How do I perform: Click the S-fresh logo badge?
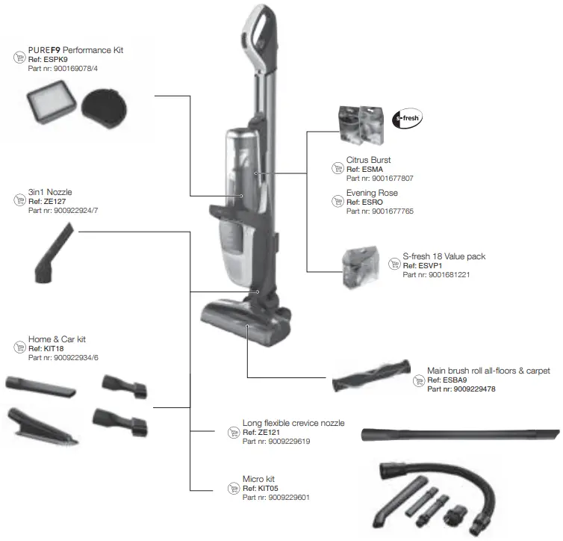pyautogui.click(x=407, y=118)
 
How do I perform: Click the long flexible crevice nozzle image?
pyautogui.click(x=460, y=435)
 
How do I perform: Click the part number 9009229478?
pyautogui.click(x=464, y=389)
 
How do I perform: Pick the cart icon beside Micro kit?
pyautogui.click(x=232, y=488)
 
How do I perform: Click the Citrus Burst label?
pyautogui.click(x=368, y=160)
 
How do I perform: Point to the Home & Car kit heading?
pyautogui.click(x=57, y=339)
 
